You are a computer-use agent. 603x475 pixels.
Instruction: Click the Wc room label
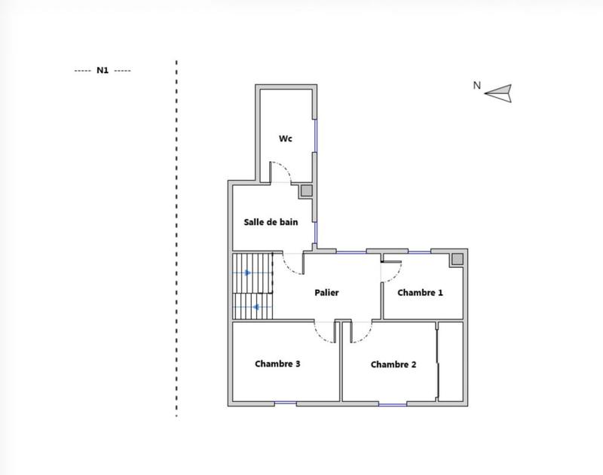coord(286,139)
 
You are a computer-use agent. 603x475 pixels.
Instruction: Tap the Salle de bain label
coord(271,222)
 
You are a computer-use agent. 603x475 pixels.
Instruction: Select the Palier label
coord(326,293)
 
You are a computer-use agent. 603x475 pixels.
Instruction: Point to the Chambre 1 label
coord(420,293)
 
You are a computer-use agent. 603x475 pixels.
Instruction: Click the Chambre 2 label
coord(393,364)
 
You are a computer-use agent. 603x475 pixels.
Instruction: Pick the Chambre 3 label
coord(277,364)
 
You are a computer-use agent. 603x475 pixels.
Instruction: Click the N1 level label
coord(103,70)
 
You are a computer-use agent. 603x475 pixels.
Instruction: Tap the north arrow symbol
coord(499,93)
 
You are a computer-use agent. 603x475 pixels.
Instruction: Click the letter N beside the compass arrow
coord(476,85)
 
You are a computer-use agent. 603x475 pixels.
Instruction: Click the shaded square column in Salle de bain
coord(306,191)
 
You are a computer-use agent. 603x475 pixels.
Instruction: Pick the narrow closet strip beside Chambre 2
coord(450,361)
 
